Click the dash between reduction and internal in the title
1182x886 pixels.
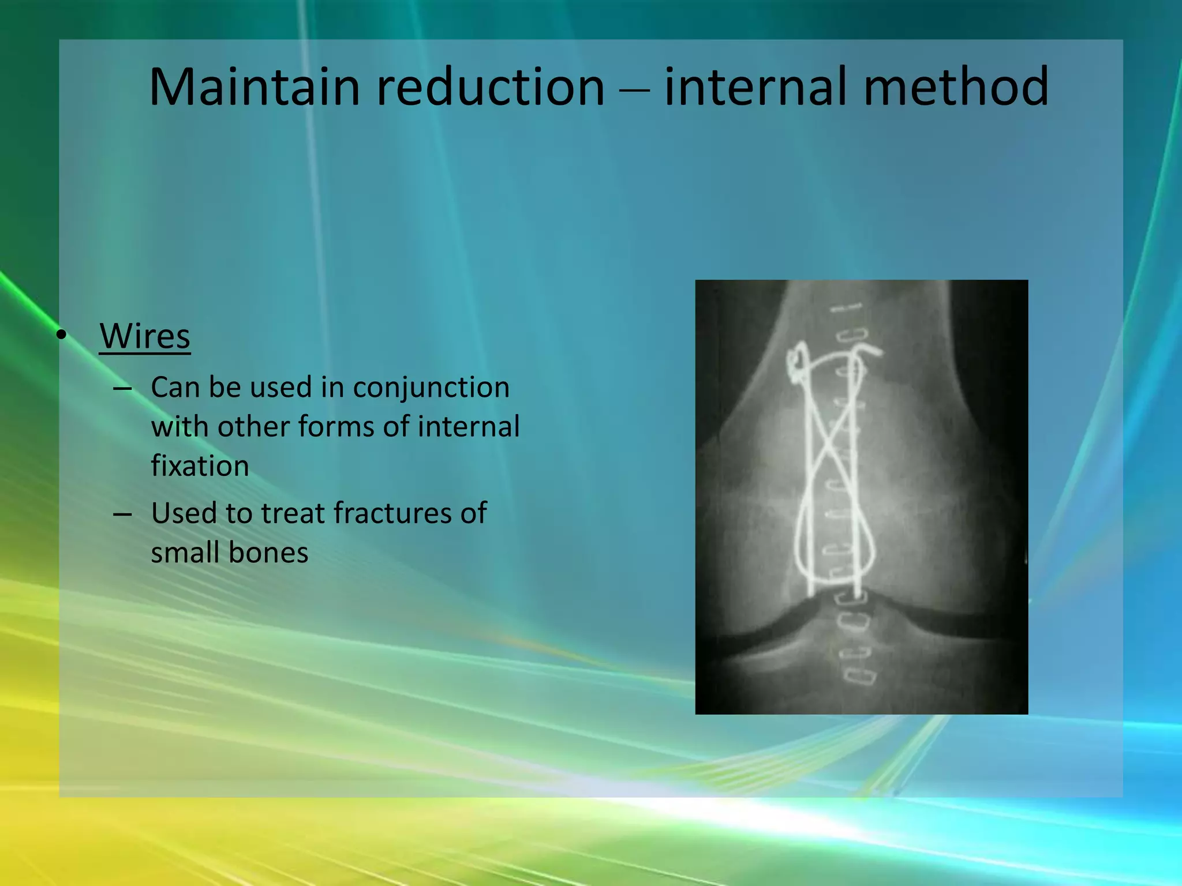pyautogui.click(x=635, y=90)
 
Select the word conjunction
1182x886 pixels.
pyautogui.click(x=431, y=388)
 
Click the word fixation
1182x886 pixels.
pyautogui.click(x=200, y=466)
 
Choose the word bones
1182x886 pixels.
pyautogui.click(x=268, y=553)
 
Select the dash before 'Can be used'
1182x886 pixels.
pyautogui.click(x=122, y=389)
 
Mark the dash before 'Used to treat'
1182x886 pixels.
pyautogui.click(x=122, y=514)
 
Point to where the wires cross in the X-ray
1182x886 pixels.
pyautogui.click(x=832, y=438)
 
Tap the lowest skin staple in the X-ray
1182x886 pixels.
pyautogui.click(x=860, y=675)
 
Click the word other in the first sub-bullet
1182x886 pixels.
pyautogui.click(x=252, y=427)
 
